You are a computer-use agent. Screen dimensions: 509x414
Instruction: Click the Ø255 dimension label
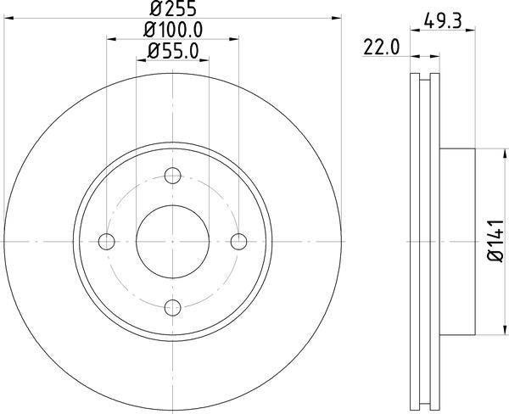click(x=173, y=8)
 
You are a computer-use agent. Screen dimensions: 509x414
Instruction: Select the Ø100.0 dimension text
click(x=173, y=30)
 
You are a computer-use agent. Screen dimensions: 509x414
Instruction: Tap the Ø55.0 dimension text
click(x=173, y=51)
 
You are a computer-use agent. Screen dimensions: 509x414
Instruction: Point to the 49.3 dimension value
click(x=443, y=21)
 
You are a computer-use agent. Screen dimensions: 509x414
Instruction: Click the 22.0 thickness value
click(x=381, y=48)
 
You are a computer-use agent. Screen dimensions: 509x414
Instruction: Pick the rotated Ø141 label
click(x=495, y=241)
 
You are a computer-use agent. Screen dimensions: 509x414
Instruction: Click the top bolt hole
click(x=173, y=176)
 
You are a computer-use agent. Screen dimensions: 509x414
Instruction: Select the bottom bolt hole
click(x=173, y=307)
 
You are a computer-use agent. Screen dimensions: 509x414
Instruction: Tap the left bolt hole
click(x=107, y=242)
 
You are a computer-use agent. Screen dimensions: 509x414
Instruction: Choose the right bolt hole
click(x=238, y=242)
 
